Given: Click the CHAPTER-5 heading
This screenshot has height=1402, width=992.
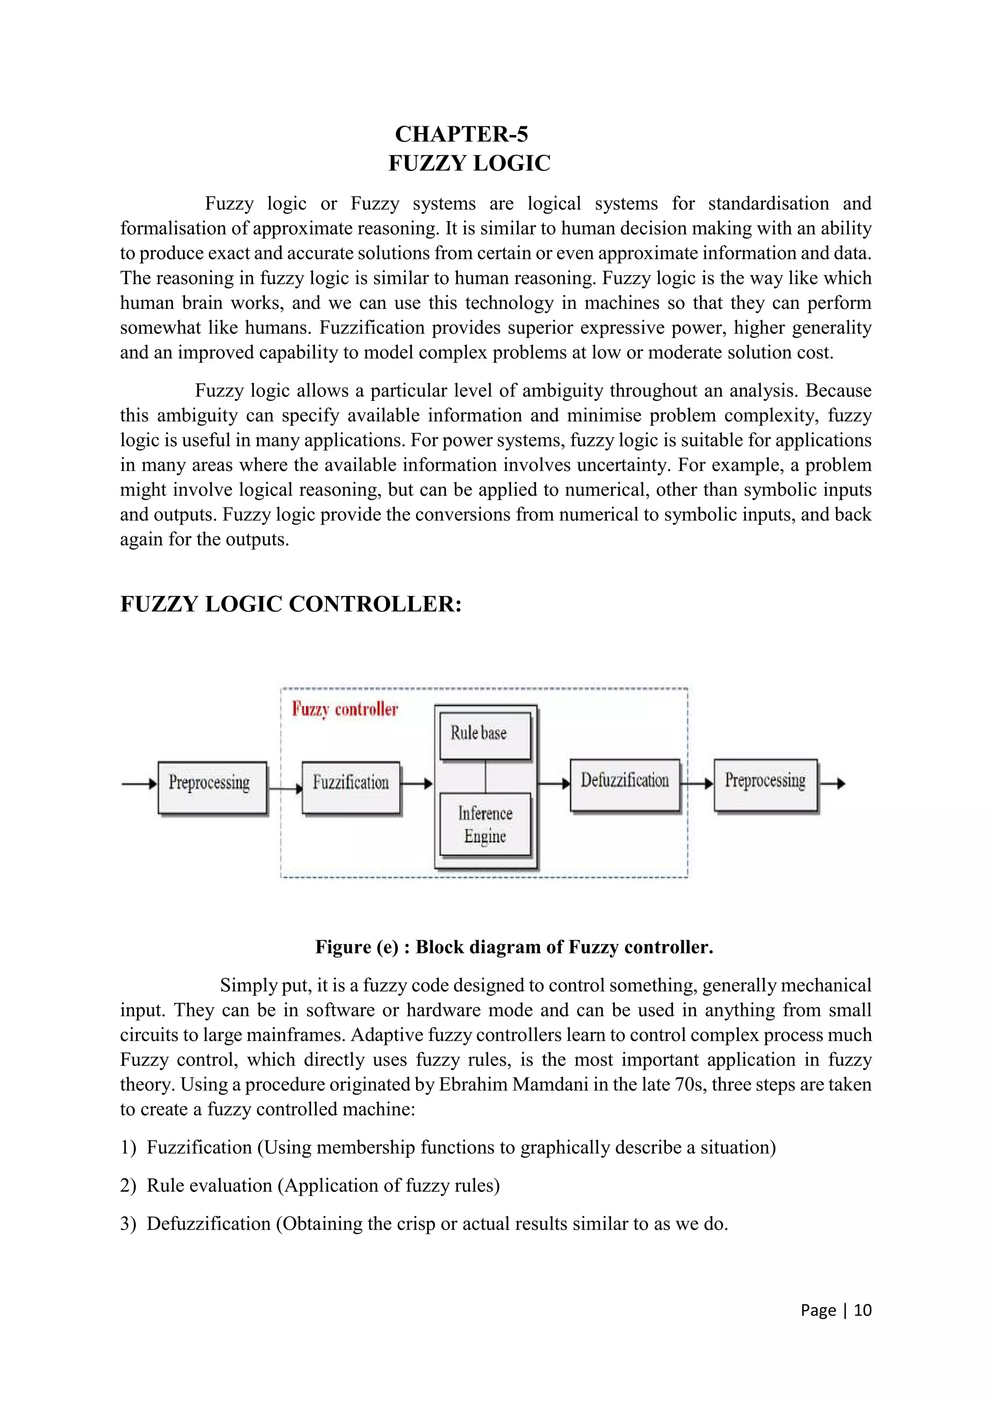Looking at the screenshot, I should click(x=461, y=134).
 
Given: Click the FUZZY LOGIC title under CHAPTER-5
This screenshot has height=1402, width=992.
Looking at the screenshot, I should click(x=469, y=163).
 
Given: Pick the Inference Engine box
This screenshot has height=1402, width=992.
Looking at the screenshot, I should click(x=485, y=824).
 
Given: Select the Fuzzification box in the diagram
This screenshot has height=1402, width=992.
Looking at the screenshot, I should click(x=351, y=787).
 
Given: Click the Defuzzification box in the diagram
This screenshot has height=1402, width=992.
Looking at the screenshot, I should click(x=624, y=785).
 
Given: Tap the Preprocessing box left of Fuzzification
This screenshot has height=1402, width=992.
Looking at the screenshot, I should click(x=212, y=787).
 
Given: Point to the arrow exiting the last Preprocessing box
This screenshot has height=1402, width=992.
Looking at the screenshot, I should click(x=833, y=783).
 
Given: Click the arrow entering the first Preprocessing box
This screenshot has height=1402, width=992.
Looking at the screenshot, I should click(x=139, y=783).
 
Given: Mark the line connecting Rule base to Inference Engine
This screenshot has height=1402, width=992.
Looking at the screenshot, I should click(x=486, y=776).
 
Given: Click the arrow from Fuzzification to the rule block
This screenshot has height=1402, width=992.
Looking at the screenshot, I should click(x=417, y=783).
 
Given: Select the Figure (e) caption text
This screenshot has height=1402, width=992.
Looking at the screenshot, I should click(x=514, y=947).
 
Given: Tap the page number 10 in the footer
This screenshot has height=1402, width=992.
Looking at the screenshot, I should click(x=863, y=1311).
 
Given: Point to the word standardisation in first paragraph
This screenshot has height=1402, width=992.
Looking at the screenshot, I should click(x=768, y=203).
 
